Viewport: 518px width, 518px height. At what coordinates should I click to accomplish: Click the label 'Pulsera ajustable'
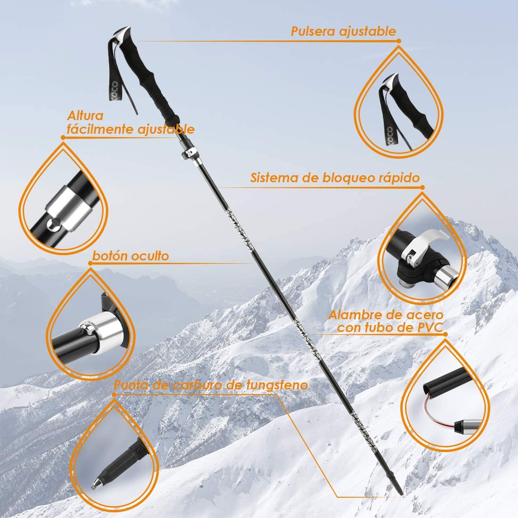pos(343,31)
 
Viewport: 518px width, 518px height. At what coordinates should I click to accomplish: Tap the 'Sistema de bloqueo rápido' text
pos(335,178)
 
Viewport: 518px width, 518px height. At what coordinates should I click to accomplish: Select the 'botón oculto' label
pos(130,256)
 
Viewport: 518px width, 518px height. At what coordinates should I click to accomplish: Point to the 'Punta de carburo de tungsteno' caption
pos(211,385)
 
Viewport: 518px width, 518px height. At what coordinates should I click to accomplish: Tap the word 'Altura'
pos(85,116)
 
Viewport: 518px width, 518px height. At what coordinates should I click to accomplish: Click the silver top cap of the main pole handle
pos(122,35)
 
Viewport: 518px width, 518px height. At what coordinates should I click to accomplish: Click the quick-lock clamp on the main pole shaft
pos(190,153)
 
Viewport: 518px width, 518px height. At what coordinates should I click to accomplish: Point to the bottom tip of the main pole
pos(402,493)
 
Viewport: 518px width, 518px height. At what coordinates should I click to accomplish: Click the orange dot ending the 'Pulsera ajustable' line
pos(399,41)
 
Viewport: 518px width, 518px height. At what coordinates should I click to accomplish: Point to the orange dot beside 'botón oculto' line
pos(90,263)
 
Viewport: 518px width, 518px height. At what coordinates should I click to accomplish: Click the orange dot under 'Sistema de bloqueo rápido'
pos(422,187)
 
